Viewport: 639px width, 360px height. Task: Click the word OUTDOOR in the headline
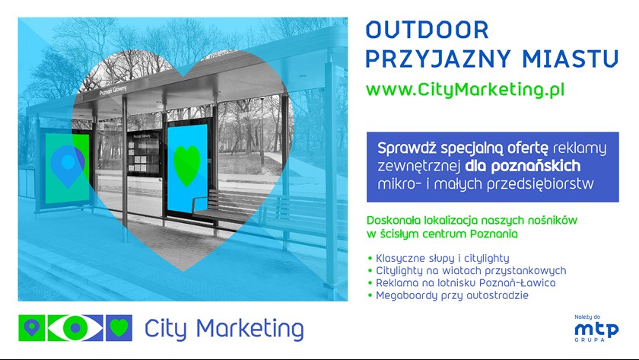coord(427,30)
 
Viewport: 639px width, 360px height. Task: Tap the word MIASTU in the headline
coord(571,59)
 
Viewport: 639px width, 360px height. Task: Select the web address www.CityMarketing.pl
coord(465,90)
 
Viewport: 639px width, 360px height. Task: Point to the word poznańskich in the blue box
coord(536,166)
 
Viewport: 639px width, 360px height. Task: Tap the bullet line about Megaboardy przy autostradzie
coord(448,295)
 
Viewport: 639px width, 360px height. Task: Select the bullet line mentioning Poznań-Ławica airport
coord(462,282)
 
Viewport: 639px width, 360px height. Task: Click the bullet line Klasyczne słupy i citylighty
coord(438,259)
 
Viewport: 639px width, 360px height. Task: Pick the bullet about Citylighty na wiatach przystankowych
coord(467,271)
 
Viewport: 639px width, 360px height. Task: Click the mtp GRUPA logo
coord(596,329)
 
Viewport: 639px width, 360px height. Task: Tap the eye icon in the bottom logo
coord(75,328)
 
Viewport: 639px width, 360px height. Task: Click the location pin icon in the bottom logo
coord(32,328)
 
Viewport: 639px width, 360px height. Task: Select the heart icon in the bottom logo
coord(119,328)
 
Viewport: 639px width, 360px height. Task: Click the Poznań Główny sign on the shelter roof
coord(113,91)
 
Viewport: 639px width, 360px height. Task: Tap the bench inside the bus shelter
coord(228,207)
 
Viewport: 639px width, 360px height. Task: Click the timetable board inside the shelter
coord(143,153)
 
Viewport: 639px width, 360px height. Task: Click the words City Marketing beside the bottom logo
coord(224,329)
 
